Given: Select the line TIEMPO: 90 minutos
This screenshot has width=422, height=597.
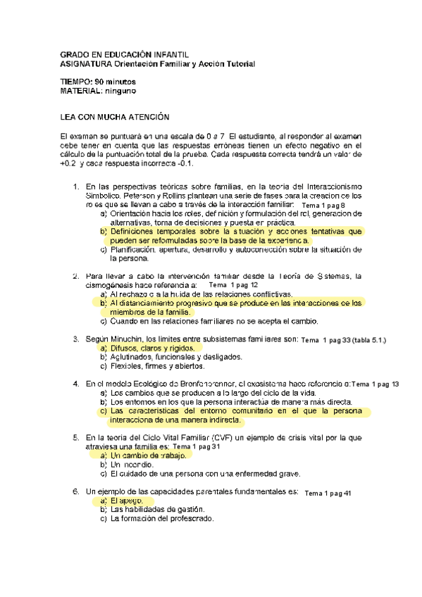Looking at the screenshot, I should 99,82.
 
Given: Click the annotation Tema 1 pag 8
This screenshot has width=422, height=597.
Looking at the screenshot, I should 323,205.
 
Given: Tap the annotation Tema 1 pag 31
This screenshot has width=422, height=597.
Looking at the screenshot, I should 196,447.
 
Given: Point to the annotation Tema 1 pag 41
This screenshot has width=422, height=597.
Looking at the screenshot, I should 328,492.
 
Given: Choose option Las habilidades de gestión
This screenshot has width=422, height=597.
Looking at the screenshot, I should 158,509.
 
